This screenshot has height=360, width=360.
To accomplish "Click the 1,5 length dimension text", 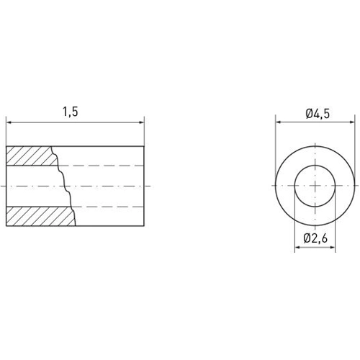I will point(70,112).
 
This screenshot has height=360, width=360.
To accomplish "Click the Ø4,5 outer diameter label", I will point(317,113).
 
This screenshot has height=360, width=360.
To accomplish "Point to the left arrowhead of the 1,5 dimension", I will point(9,122).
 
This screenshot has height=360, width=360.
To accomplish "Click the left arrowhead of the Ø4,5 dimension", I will point(278,122).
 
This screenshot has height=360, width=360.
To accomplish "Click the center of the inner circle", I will point(316,185).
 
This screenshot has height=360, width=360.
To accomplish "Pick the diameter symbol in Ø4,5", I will point(308,113).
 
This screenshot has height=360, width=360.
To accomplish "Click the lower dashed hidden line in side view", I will point(108,206).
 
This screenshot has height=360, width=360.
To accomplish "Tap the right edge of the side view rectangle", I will point(144,185).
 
